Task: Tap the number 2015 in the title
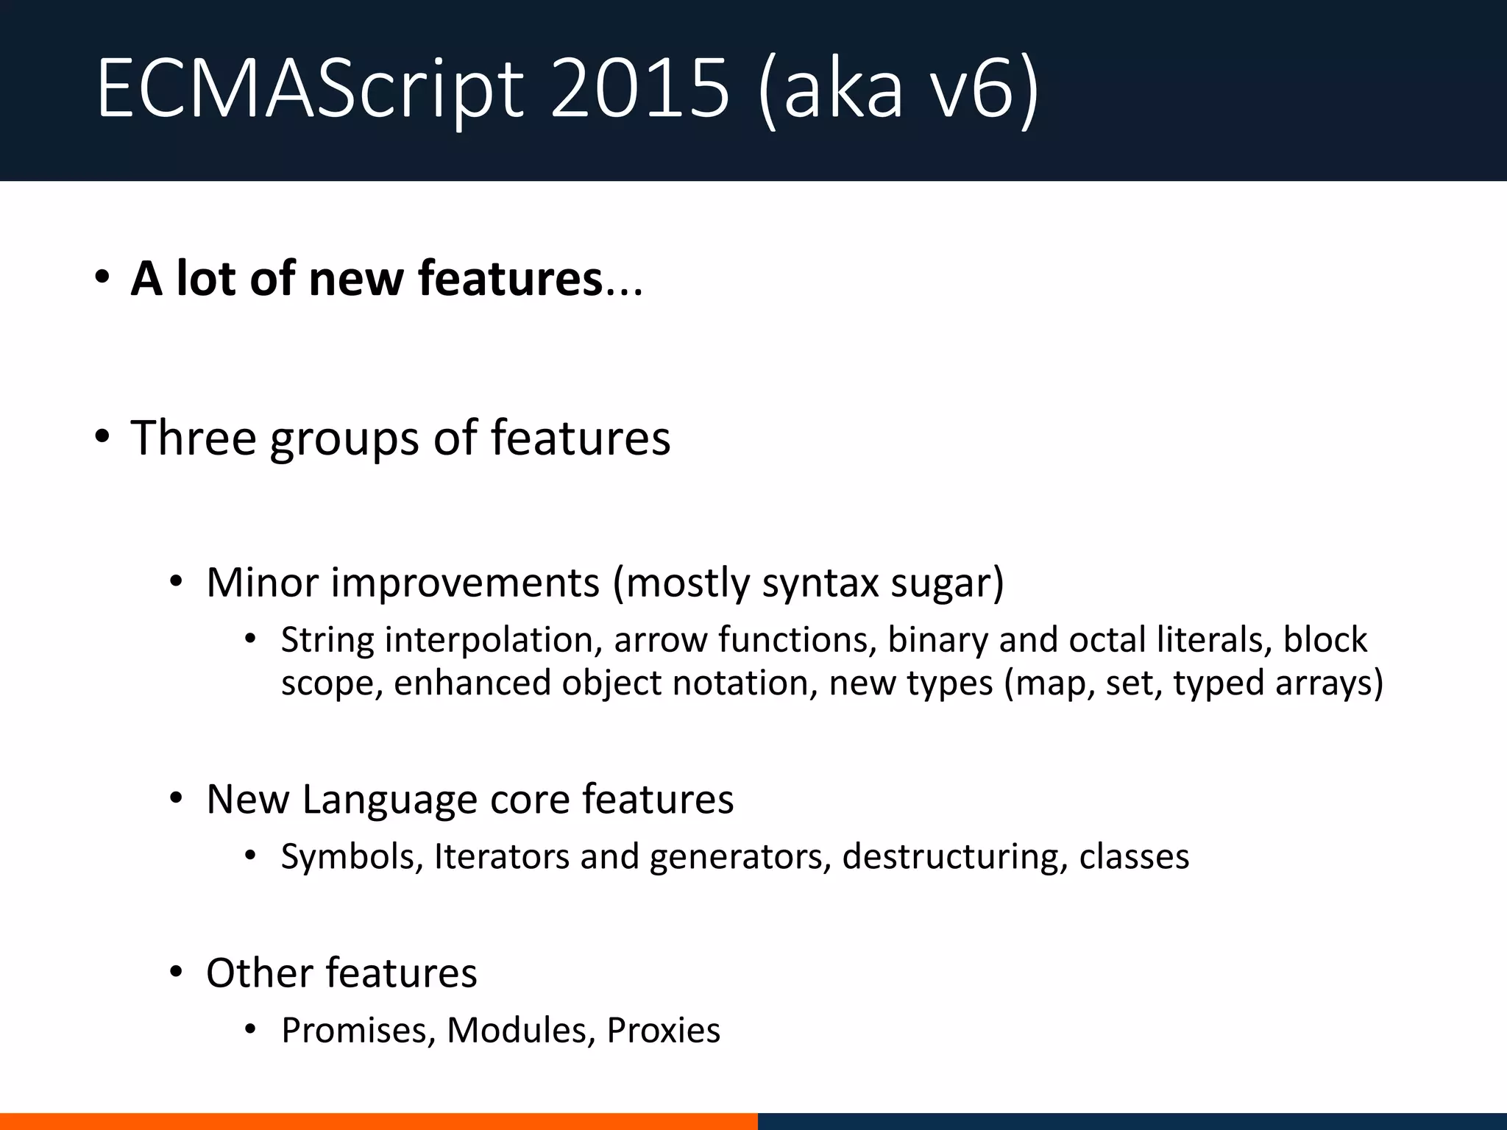pyautogui.click(x=639, y=90)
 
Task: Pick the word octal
pyautogui.click(x=1107, y=639)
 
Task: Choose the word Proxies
pyautogui.click(x=663, y=1031)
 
